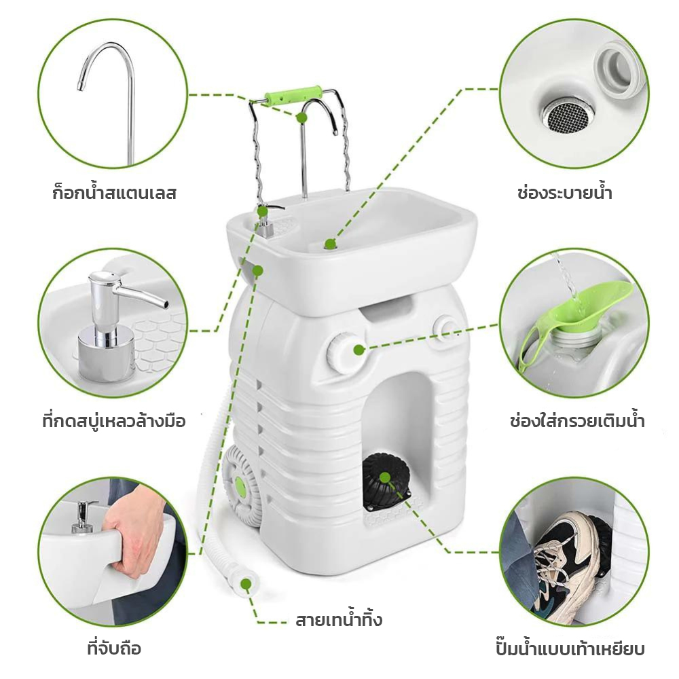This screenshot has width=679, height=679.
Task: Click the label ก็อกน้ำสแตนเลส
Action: (x=114, y=192)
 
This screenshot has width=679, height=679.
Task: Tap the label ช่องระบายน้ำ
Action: (x=565, y=192)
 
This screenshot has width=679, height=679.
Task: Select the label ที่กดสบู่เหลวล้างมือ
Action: (x=114, y=421)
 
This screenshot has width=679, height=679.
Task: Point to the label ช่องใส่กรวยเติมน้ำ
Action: (x=576, y=421)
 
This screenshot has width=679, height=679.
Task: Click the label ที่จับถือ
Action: (x=114, y=648)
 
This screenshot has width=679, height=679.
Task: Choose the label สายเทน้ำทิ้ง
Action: (x=339, y=620)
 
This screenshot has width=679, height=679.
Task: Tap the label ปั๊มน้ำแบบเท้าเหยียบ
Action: (x=570, y=648)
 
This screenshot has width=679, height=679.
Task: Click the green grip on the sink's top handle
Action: (x=293, y=95)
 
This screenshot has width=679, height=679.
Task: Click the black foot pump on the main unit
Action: (x=386, y=481)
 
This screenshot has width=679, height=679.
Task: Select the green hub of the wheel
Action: (x=240, y=488)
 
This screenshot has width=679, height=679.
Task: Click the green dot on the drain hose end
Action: (x=246, y=584)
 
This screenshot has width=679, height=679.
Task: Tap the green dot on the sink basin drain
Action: (x=330, y=244)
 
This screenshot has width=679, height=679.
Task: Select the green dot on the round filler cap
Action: (x=359, y=350)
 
